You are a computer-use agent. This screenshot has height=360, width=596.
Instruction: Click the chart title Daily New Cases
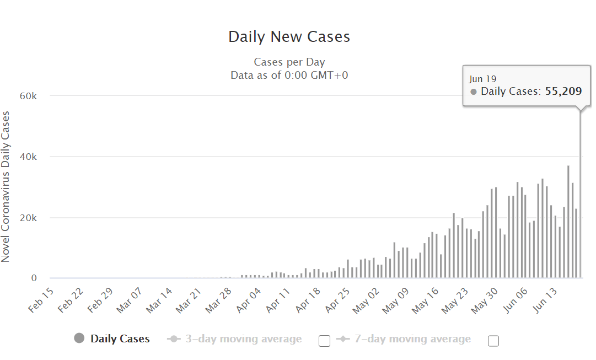click(289, 37)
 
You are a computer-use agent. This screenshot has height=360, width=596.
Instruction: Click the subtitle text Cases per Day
click(289, 62)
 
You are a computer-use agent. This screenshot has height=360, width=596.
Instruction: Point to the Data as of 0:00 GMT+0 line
click(289, 75)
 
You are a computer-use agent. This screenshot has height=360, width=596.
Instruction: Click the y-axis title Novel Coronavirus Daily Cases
click(6, 186)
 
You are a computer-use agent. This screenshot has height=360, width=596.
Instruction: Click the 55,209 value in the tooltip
click(563, 92)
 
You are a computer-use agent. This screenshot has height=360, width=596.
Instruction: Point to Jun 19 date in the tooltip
click(482, 79)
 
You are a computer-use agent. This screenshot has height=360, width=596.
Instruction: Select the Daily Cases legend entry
click(120, 339)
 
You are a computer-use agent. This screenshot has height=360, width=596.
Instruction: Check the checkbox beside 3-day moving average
click(325, 341)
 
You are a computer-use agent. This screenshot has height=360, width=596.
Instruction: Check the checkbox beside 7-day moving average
click(493, 341)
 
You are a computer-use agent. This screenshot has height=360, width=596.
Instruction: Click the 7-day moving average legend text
click(412, 339)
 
